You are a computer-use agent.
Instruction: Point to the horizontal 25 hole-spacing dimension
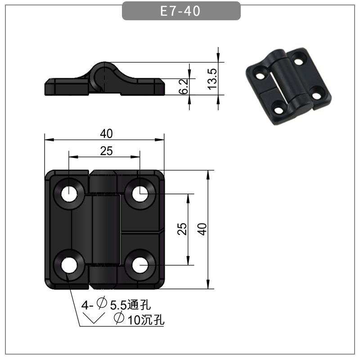tap(106, 152)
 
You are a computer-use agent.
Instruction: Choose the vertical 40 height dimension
tap(202, 229)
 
